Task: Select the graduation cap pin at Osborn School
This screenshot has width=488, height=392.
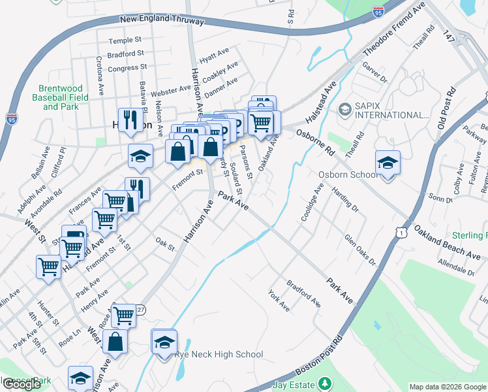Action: coord(388,163)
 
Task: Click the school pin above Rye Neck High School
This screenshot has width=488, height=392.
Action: coord(164,342)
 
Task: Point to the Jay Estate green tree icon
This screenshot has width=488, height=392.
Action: coord(328,384)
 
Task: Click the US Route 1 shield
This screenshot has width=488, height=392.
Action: coord(402,231)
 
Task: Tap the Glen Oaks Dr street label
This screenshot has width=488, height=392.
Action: coord(361,250)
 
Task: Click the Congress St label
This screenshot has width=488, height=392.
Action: coord(127,68)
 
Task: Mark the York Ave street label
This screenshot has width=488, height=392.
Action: coord(279,300)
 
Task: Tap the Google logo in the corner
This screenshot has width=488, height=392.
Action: coord(22,384)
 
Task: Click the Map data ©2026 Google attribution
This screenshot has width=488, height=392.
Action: coord(447,387)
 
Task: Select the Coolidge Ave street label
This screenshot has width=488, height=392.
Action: coord(311,203)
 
